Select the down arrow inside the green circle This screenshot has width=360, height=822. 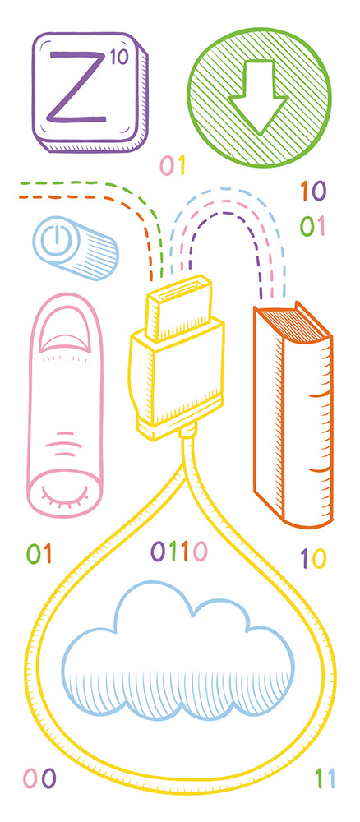pyautogui.click(x=258, y=96)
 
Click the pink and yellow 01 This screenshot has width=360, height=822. pyautogui.click(x=173, y=166)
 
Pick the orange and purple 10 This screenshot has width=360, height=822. pyautogui.click(x=313, y=192)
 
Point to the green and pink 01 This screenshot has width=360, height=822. pyautogui.click(x=312, y=226)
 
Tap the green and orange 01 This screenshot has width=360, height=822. pyautogui.click(x=39, y=553)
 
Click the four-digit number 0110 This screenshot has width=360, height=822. pyautogui.click(x=179, y=551)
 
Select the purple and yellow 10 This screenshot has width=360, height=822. pyautogui.click(x=313, y=558)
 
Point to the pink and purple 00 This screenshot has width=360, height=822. pyautogui.click(x=39, y=778)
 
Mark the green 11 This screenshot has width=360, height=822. pyautogui.click(x=325, y=778)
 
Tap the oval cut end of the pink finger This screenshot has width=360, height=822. pyautogui.click(x=64, y=492)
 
